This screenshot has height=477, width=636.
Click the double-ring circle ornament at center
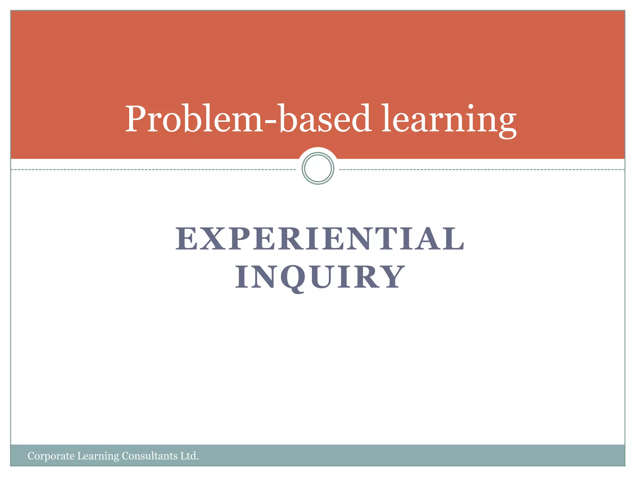[x=318, y=168]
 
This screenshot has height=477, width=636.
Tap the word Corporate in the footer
[x=51, y=456]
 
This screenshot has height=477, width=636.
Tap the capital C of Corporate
[x=31, y=456]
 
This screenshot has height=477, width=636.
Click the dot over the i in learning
[x=471, y=107]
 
